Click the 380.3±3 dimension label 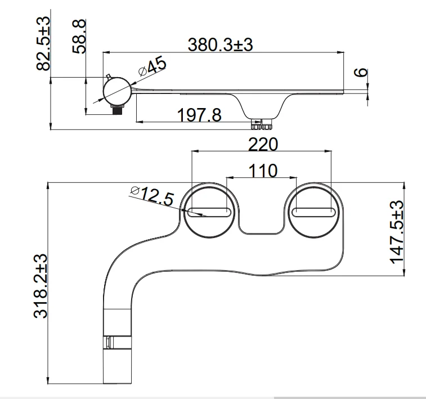(x=221, y=45)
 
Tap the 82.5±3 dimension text (x=43, y=43)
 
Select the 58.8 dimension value (x=79, y=37)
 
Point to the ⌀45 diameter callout (x=152, y=66)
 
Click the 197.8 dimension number (x=199, y=115)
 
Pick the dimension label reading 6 (x=361, y=73)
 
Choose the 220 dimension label (x=263, y=144)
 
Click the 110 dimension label (x=263, y=171)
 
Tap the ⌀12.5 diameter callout (x=152, y=195)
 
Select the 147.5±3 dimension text (x=397, y=232)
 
